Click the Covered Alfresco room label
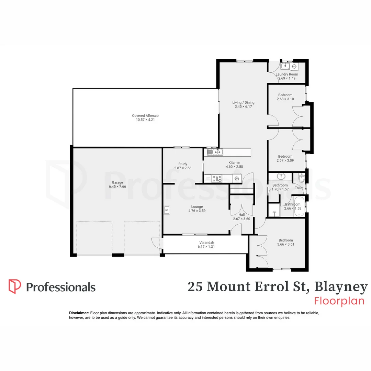pyautogui.click(x=145, y=116)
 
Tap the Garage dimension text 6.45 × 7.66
pyautogui.click(x=117, y=187)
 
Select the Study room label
pyautogui.click(x=182, y=164)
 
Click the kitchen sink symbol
pyautogui.click(x=213, y=152)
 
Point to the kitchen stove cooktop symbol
pyautogui.click(x=216, y=178)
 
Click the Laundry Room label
pyautogui.click(x=287, y=74)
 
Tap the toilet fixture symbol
pyautogui.click(x=301, y=178)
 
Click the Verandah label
pyautogui.click(x=206, y=243)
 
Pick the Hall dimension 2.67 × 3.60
pyautogui.click(x=242, y=219)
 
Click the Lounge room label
pyautogui.click(x=197, y=206)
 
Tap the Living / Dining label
pyautogui.click(x=243, y=102)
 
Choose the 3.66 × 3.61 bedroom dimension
pyautogui.click(x=286, y=245)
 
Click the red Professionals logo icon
pyautogui.click(x=15, y=286)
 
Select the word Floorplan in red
pyautogui.click(x=339, y=301)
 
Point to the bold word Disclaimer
pyautogui.click(x=79, y=313)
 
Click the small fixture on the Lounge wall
pyautogui.click(x=167, y=210)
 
